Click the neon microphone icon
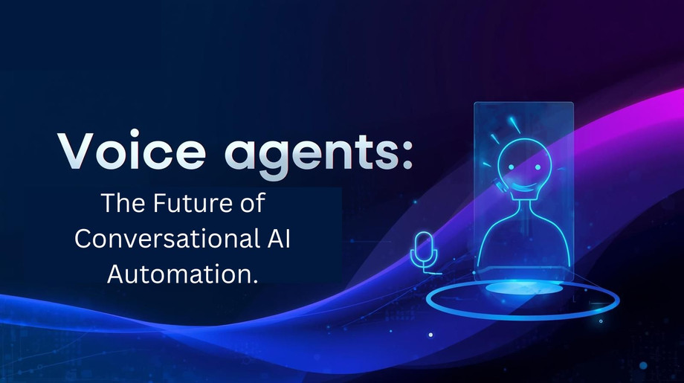coord(422,249)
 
